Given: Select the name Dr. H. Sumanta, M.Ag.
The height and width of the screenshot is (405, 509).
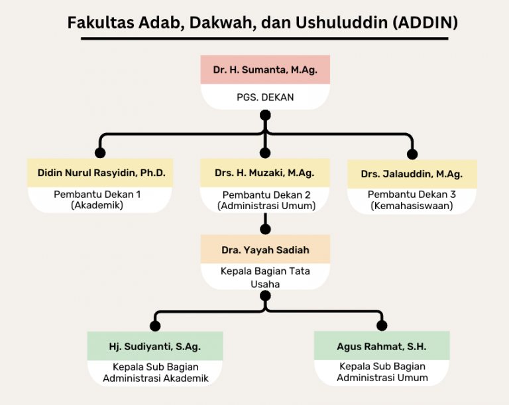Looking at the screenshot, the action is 265,70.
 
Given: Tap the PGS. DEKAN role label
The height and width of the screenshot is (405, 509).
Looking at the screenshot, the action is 265,97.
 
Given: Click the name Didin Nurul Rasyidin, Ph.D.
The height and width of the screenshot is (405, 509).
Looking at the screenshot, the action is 101,173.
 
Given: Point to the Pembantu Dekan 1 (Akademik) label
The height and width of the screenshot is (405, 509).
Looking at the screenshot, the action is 97,200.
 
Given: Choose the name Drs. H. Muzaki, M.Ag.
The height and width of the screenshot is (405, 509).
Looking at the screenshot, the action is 264,173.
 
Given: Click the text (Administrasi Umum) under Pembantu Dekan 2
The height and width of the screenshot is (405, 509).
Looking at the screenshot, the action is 266,206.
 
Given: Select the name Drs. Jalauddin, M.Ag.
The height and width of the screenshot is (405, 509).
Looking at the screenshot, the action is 412,174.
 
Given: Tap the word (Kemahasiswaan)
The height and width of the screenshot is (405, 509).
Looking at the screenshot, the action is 412,206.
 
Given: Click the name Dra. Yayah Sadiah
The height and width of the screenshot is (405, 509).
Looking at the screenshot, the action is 265,250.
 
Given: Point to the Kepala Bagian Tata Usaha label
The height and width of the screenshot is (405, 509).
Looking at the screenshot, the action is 265,278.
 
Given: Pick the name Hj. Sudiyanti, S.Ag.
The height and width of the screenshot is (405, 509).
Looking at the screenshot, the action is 155,347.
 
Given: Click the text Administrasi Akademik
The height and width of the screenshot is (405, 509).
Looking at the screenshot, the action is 156,379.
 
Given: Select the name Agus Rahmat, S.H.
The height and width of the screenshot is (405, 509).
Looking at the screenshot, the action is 382,347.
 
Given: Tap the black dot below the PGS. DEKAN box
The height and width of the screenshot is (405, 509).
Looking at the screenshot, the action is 265,115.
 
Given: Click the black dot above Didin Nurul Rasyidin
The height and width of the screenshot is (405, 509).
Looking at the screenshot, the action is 100,153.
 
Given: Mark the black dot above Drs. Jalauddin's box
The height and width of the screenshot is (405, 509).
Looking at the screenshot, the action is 412,154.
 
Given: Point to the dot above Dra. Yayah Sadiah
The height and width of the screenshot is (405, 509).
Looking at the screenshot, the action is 265,229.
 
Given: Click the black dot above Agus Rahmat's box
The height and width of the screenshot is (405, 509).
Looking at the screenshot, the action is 382,326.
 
